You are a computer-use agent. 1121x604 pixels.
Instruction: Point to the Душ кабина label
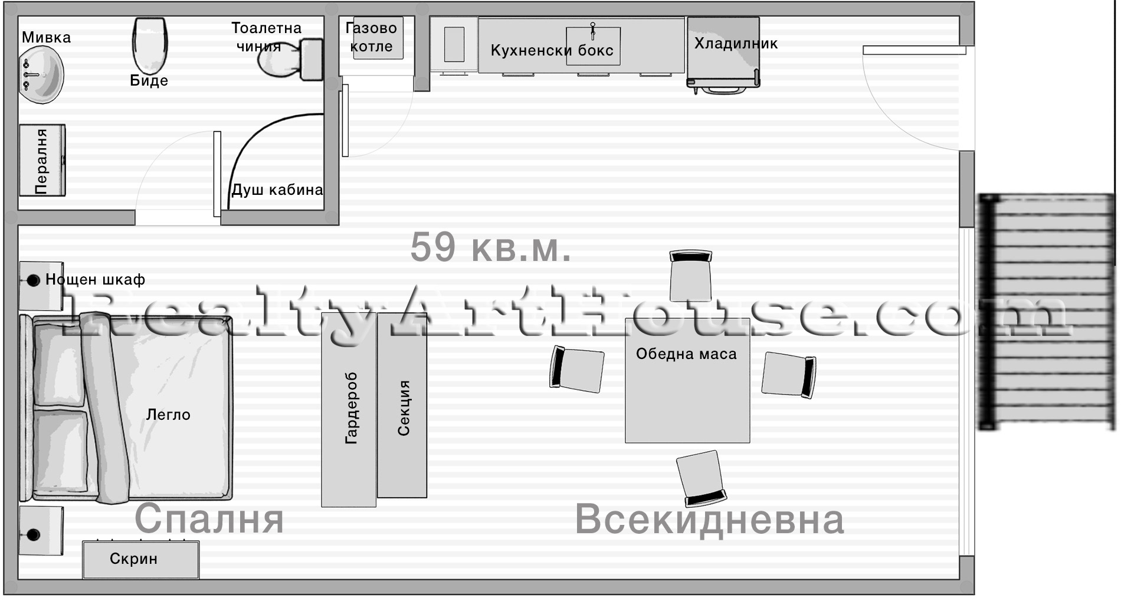277,190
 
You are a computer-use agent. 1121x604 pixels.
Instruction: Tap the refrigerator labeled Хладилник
723,53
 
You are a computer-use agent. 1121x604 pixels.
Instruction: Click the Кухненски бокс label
552,51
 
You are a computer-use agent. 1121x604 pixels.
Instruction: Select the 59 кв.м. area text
490,247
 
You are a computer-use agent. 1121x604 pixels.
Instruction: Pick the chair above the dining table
690,275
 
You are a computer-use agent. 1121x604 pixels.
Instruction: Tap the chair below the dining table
701,478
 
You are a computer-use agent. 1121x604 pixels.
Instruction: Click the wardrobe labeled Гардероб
349,409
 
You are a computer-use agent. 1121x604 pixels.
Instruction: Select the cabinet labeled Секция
402,407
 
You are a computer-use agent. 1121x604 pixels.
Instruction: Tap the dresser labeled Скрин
140,559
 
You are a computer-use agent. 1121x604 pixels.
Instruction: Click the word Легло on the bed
168,415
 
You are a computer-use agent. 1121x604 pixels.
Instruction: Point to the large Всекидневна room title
709,520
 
